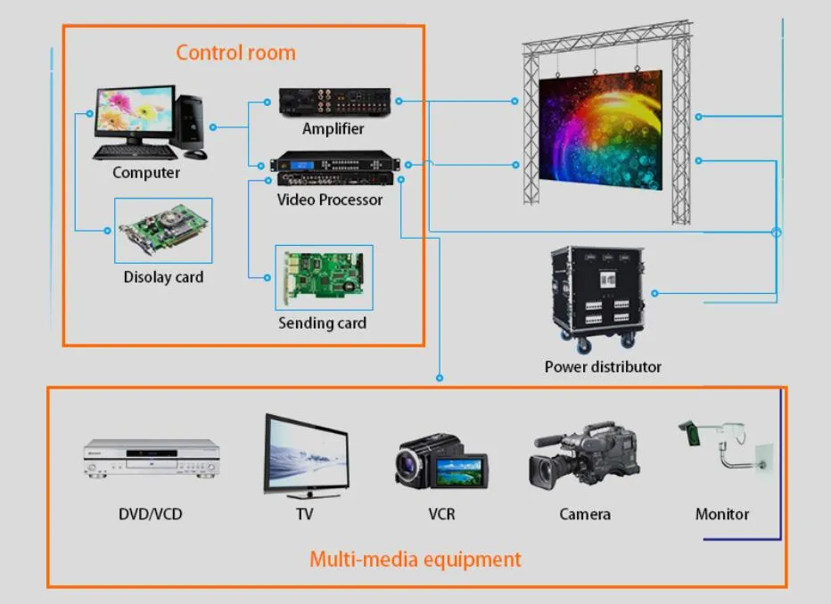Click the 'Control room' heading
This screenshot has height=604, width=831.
235,52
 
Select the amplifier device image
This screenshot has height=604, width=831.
334,102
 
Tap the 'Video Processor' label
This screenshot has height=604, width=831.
329,200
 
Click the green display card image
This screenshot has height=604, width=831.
164,230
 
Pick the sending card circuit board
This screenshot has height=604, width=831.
323,277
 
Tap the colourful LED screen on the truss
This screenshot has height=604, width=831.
601,132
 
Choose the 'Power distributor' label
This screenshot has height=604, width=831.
603,366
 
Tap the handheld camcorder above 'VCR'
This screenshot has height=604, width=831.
440,461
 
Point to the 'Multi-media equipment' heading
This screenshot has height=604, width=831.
415,559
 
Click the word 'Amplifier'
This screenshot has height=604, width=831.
333,128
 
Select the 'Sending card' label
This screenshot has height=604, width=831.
322,323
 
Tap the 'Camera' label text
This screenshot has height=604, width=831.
585,514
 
